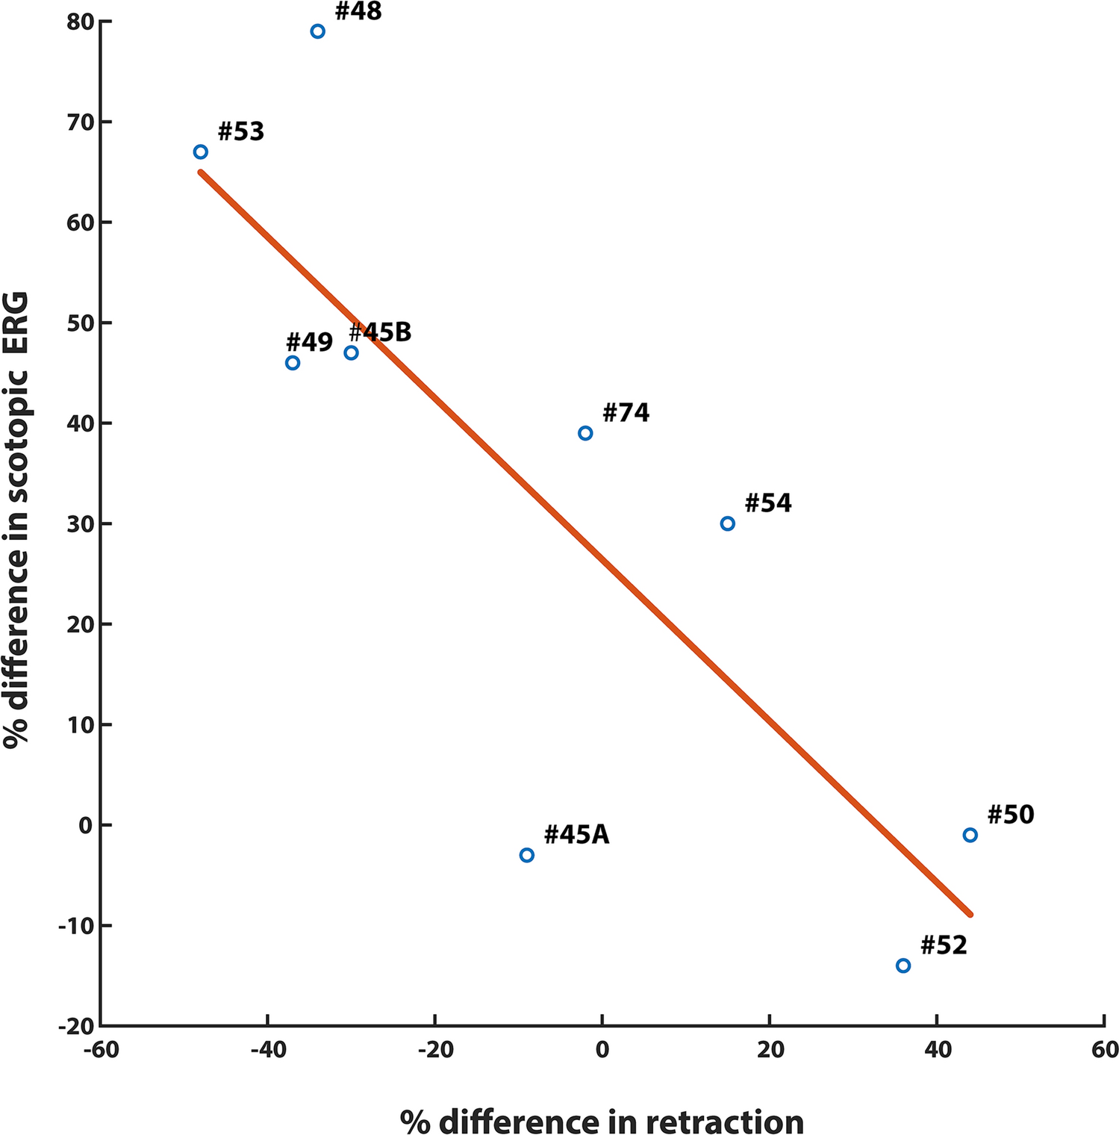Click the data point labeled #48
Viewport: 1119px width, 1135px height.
tap(317, 31)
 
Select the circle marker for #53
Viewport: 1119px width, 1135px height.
tap(200, 152)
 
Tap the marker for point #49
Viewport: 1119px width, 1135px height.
tap(293, 363)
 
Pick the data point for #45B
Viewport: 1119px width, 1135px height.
tap(351, 352)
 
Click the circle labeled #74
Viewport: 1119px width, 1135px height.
tap(585, 433)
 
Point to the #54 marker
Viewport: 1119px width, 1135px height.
tap(727, 523)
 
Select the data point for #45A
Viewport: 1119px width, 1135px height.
tap(526, 855)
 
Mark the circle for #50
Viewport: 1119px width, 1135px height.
tap(970, 835)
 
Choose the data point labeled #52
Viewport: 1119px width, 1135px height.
tap(903, 965)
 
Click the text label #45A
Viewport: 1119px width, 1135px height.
tap(576, 835)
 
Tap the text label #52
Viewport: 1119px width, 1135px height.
tap(944, 945)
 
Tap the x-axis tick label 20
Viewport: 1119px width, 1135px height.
tap(770, 1050)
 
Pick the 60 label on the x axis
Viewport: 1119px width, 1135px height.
tap(1104, 1050)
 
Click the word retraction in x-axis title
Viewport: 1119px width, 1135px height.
tap(724, 1122)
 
